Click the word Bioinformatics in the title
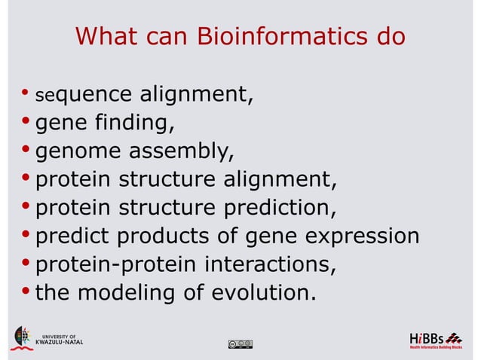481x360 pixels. [x=273, y=36]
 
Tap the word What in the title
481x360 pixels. [x=106, y=36]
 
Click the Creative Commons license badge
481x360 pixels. [x=239, y=344]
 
